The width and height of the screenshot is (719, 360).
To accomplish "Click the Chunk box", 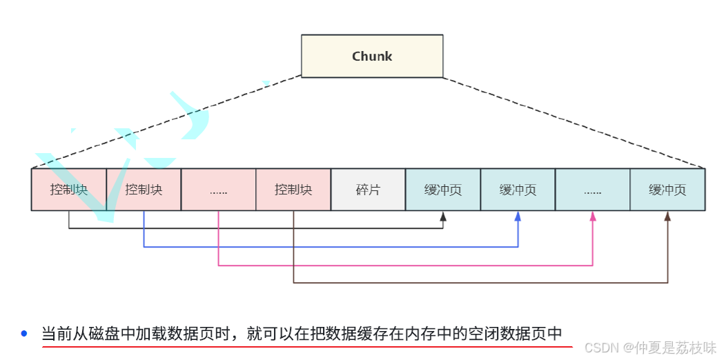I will point(372,56).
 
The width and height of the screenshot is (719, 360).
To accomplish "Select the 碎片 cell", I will point(368,190).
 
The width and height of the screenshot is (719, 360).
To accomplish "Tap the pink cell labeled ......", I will point(218,190).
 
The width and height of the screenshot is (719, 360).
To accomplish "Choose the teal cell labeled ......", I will point(592,190).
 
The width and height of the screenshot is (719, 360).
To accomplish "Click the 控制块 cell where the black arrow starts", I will point(69,190).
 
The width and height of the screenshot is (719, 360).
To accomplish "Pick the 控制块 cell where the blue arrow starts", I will point(144,190).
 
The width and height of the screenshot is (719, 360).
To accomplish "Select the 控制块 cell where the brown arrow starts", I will point(293,190).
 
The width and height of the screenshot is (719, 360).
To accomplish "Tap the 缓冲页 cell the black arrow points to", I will point(442,190).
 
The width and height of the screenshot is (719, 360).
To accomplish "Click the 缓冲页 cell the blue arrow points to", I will point(518,190).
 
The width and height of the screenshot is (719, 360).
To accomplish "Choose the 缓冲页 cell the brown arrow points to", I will point(667,190).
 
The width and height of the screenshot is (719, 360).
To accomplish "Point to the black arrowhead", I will point(443,216).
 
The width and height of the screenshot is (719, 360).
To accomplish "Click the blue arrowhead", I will point(518,216).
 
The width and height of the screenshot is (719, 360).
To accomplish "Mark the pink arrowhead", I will point(592,216).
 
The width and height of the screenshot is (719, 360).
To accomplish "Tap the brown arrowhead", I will point(667,216).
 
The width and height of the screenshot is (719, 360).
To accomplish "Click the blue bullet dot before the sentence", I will point(24,334).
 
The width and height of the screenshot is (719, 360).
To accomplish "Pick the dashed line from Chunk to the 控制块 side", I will point(166,122).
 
